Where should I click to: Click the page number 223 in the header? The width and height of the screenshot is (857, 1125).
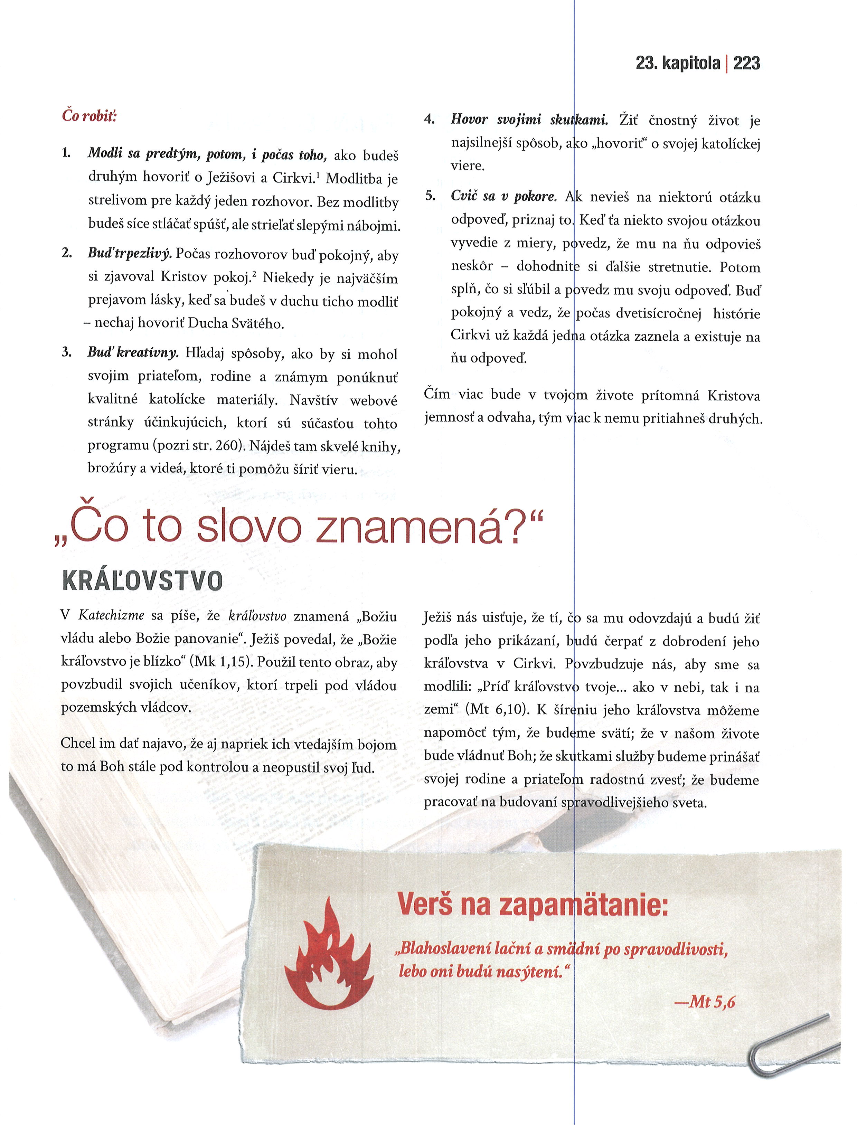[x=746, y=63]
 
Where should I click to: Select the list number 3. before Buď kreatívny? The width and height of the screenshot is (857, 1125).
[x=66, y=352]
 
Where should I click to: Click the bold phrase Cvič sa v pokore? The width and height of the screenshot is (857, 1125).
[x=505, y=196]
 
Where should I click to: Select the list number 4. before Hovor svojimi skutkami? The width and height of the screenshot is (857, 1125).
[x=430, y=120]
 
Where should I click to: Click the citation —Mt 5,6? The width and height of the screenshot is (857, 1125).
[x=705, y=1002]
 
